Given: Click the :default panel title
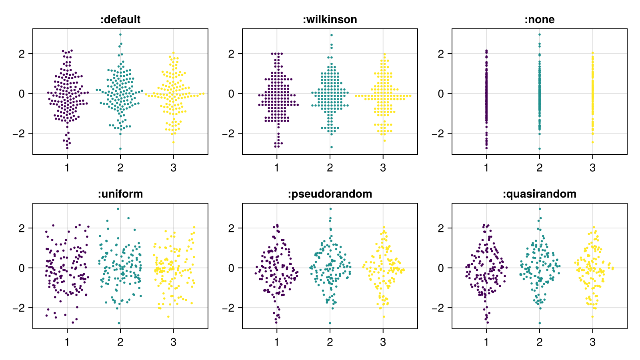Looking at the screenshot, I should pos(120,20).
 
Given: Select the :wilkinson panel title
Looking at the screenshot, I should pos(330,20).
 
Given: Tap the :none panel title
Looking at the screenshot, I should pos(540,20).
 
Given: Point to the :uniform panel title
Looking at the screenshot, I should pos(120,194).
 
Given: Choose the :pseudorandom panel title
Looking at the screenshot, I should pos(330,194).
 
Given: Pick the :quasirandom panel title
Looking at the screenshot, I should pos(540,194).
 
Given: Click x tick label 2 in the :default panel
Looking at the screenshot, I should pos(120,168).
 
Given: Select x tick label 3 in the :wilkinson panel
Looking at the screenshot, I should pos(383,168).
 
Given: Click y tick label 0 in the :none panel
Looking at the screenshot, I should pos(441,94).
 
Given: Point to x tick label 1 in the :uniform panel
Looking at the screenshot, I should pos(67,342).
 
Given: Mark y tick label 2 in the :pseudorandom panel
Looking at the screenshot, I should pos(231,228).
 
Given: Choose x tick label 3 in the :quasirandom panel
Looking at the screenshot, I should pos(593,342).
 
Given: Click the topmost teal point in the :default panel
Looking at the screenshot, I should pos(120,34).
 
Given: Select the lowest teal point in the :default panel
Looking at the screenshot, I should pos(120,149).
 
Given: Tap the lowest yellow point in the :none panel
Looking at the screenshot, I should pos(593,142).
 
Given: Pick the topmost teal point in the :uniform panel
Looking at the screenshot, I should pos(118,209).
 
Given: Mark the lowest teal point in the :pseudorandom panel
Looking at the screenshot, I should pos(330,323).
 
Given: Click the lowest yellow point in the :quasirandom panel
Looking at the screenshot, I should pos(593,317).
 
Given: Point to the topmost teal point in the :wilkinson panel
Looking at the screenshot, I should pos(332,35).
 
